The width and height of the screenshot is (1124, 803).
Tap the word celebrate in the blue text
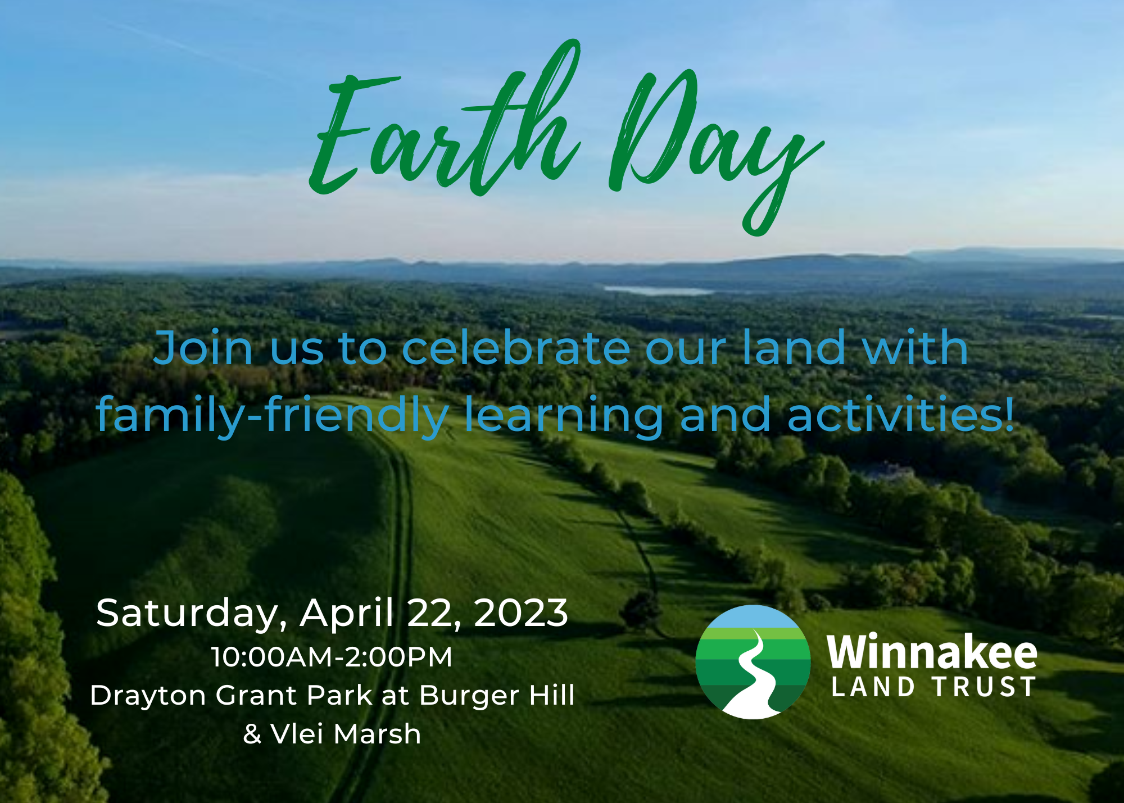tap(516, 348)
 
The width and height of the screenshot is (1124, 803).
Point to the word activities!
tap(901, 414)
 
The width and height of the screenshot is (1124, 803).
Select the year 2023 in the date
tap(521, 613)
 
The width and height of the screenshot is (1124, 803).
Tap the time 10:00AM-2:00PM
tap(332, 657)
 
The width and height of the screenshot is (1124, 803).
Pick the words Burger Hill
tap(497, 696)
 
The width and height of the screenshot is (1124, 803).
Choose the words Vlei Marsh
tap(346, 734)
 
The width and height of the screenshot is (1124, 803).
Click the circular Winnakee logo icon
tap(753, 662)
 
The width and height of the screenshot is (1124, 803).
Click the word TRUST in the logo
tap(984, 687)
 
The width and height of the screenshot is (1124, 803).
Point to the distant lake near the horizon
tap(658, 291)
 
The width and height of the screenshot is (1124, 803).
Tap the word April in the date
tap(346, 614)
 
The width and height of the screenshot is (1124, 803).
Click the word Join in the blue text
tap(203, 348)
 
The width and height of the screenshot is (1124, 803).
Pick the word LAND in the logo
tap(873, 687)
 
